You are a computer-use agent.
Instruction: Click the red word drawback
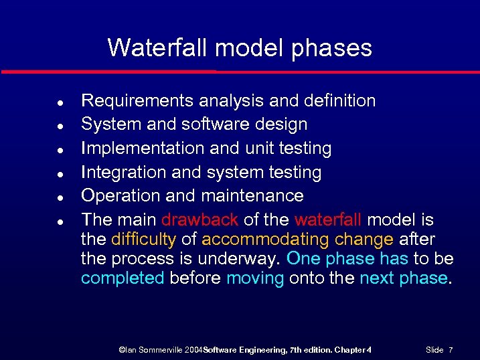(x=199, y=219)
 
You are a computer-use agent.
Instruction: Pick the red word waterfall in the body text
(x=328, y=219)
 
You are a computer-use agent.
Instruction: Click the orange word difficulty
(x=144, y=240)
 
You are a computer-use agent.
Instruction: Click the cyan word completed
(x=123, y=278)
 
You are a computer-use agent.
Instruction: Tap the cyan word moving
(x=255, y=278)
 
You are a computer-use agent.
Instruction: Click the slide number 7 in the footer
(x=451, y=350)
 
